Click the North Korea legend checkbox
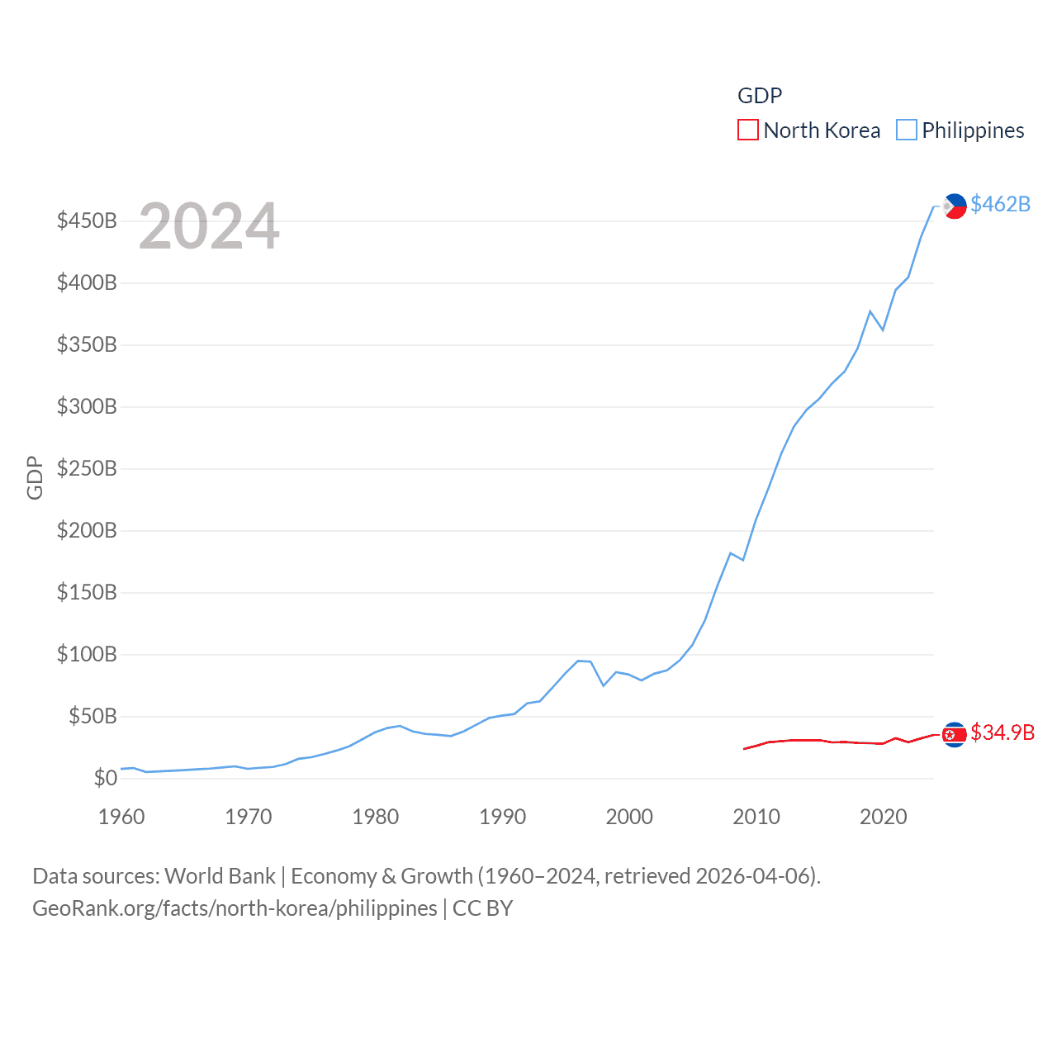(747, 130)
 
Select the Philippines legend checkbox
(907, 130)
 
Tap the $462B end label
(1000, 204)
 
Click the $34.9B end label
(1002, 732)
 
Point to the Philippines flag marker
(955, 206)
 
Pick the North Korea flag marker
(954, 734)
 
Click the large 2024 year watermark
(209, 226)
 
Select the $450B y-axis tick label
(87, 220)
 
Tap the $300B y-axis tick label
(87, 406)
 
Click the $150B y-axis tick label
(87, 592)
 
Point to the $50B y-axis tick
(92, 716)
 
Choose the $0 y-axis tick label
(105, 778)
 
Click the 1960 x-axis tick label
(121, 817)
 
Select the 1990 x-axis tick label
(502, 817)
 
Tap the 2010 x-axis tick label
(756, 817)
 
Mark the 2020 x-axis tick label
(884, 817)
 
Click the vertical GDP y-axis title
(35, 477)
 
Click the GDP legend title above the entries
(760, 96)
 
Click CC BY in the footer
(482, 908)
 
